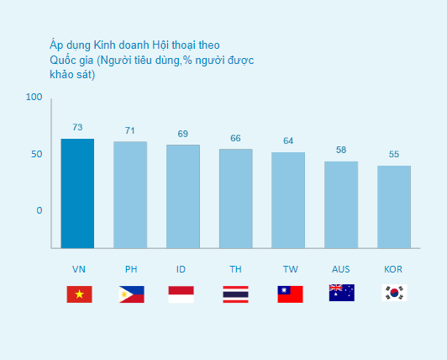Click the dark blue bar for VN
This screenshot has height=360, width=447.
click(x=77, y=193)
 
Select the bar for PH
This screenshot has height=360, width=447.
click(x=130, y=195)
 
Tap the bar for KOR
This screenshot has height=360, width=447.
click(x=394, y=207)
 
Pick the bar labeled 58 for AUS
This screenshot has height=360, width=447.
click(x=341, y=205)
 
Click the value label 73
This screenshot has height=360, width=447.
click(x=77, y=127)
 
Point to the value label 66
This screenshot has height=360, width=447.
click(x=235, y=138)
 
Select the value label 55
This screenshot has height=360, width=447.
click(x=394, y=155)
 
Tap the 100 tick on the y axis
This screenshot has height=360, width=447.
click(x=34, y=97)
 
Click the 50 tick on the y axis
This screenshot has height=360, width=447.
click(x=37, y=155)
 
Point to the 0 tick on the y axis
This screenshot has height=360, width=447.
click(x=39, y=210)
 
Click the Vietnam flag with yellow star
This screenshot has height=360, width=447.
click(x=79, y=294)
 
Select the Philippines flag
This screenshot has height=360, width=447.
click(x=132, y=294)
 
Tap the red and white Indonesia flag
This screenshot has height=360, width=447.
click(x=181, y=294)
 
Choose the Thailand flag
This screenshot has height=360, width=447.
click(x=235, y=294)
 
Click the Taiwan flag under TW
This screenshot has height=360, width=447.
click(x=290, y=294)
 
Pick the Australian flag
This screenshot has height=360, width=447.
click(x=342, y=293)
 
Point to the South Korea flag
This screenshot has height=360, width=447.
click(x=394, y=293)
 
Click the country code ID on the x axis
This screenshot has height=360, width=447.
click(x=181, y=269)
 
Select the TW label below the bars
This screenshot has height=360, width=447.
click(x=291, y=269)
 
